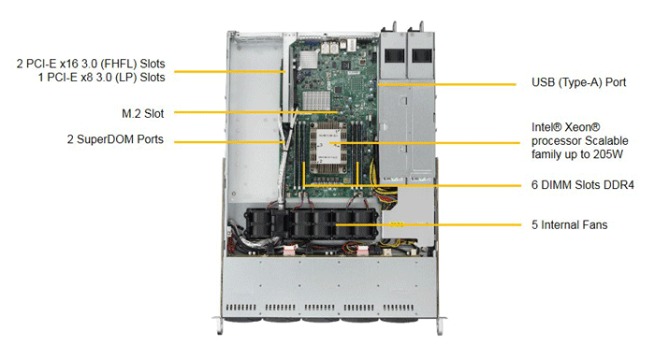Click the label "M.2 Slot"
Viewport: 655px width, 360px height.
tap(143, 113)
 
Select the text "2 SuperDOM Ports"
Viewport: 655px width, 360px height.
tap(115, 139)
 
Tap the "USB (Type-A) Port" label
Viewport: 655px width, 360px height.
tap(578, 82)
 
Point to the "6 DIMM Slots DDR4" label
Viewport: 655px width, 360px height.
tap(583, 185)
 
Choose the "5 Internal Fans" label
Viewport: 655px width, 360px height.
tap(569, 225)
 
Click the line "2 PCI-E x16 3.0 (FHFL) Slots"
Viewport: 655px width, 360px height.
tap(91, 64)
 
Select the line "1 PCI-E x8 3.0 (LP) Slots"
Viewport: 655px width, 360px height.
tap(101, 78)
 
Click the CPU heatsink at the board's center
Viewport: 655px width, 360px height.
tap(327, 149)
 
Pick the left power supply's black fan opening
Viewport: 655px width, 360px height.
tap(394, 55)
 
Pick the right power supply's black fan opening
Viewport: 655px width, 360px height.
tap(422, 55)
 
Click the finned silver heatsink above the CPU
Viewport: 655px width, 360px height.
tap(316, 101)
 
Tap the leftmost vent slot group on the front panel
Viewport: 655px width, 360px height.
tap(240, 308)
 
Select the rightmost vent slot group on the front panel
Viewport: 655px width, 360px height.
tap(399, 308)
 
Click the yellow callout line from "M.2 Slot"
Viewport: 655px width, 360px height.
tap(256, 112)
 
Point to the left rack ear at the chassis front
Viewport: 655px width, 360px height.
tap(218, 324)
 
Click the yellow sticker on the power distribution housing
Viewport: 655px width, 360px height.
tap(397, 224)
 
